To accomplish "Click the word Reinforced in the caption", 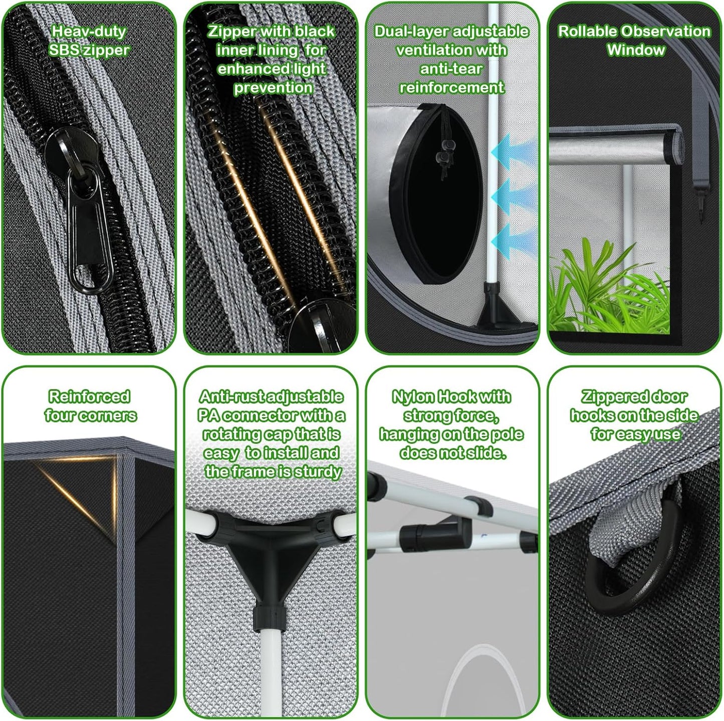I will (89, 397).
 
